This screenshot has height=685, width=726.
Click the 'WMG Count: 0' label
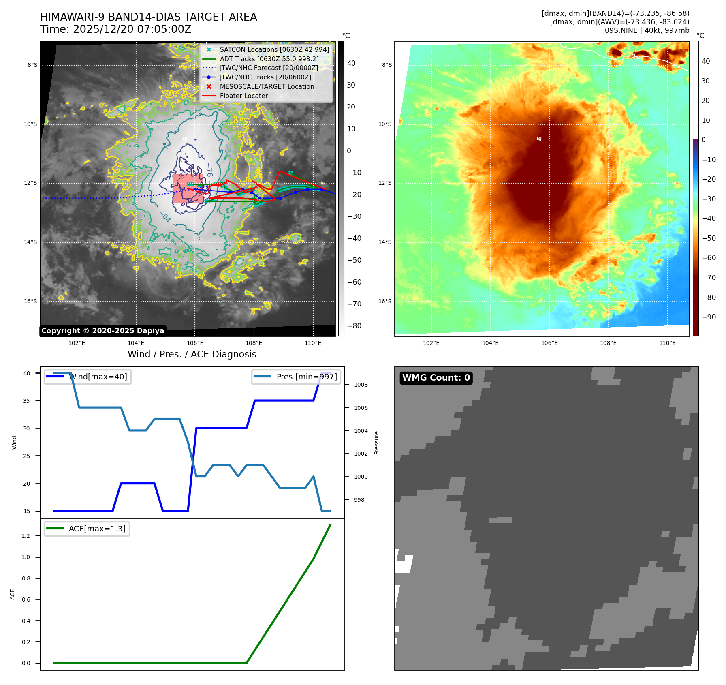click(436, 378)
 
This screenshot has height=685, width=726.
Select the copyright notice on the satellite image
click(102, 331)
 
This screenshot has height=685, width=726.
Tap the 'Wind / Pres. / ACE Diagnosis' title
click(192, 354)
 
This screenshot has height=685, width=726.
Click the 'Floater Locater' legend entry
click(243, 96)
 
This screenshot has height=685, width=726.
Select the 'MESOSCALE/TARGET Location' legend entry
click(267, 86)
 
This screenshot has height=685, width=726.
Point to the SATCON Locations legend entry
click(274, 49)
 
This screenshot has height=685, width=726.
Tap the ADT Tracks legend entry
click(269, 59)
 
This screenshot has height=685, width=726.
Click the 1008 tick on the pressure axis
click(361, 385)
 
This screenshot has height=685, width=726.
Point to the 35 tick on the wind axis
click(27, 401)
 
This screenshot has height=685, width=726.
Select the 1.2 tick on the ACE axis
click(26, 536)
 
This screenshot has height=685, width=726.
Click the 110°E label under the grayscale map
click(313, 343)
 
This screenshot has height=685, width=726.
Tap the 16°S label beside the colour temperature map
click(385, 301)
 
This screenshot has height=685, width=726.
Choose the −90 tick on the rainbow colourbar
click(709, 317)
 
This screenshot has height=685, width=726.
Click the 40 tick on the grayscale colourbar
click(351, 63)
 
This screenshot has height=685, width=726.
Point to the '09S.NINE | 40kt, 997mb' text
click(647, 30)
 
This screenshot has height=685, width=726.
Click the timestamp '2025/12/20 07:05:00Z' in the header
click(132, 29)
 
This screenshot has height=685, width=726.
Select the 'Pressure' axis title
click(376, 443)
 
